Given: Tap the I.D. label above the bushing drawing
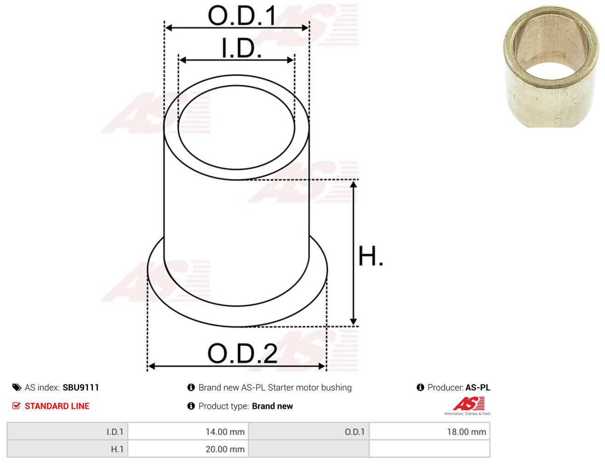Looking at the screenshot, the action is tap(241, 48).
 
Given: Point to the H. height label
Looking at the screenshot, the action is tap(371, 256).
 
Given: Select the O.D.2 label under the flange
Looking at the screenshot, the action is tap(242, 353).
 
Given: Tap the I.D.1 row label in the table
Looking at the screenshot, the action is tap(115, 432).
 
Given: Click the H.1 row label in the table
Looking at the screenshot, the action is tap(117, 449).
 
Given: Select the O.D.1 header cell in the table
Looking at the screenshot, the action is tap(354, 432).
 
